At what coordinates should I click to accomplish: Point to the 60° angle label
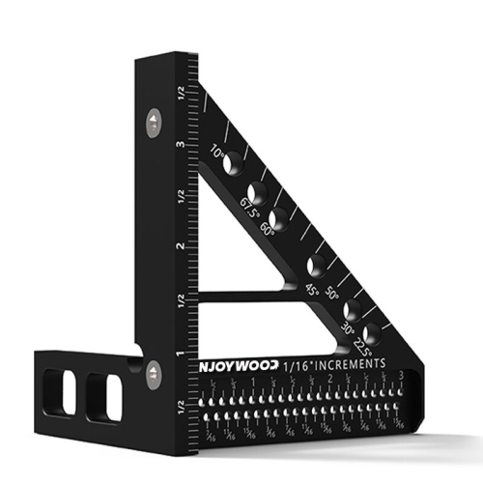[269, 228]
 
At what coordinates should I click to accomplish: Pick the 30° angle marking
[347, 329]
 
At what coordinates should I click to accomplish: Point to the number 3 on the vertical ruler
[179, 145]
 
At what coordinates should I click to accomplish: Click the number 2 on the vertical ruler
[179, 246]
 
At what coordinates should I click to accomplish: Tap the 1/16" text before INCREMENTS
[293, 368]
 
